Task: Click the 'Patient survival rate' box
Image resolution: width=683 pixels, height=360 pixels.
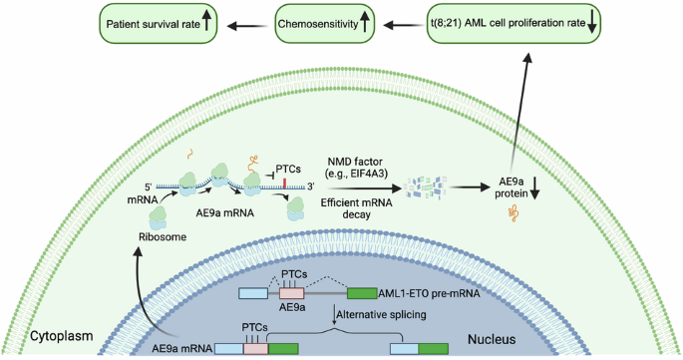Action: [x=159, y=24]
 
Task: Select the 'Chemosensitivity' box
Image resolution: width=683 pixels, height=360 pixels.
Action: [x=324, y=24]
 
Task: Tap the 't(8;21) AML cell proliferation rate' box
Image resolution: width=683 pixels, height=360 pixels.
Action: [x=513, y=24]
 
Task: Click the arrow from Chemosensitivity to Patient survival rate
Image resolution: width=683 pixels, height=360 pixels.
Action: [x=247, y=26]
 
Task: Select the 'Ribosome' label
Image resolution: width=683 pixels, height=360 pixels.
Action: [x=163, y=237]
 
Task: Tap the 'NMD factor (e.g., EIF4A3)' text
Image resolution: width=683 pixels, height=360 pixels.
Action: [x=355, y=169]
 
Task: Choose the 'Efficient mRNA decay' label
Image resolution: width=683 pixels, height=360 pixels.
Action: [x=356, y=208]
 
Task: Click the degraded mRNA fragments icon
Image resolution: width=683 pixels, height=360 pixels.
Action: [x=426, y=187]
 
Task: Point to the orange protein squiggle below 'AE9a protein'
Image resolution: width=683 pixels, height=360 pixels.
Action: [x=512, y=213]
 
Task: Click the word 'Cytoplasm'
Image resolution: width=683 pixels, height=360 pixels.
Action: [x=62, y=336]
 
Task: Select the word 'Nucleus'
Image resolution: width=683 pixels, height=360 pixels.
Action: [x=492, y=339]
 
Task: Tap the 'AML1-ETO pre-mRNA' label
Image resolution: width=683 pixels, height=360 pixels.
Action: [x=429, y=293]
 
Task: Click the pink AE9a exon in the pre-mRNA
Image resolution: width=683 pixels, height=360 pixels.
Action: [x=291, y=293]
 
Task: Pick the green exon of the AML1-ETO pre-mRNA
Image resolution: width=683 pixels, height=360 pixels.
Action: [x=362, y=293]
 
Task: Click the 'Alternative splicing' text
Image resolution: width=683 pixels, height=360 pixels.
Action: [x=381, y=314]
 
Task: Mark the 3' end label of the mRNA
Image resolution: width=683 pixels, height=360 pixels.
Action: [x=310, y=186]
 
